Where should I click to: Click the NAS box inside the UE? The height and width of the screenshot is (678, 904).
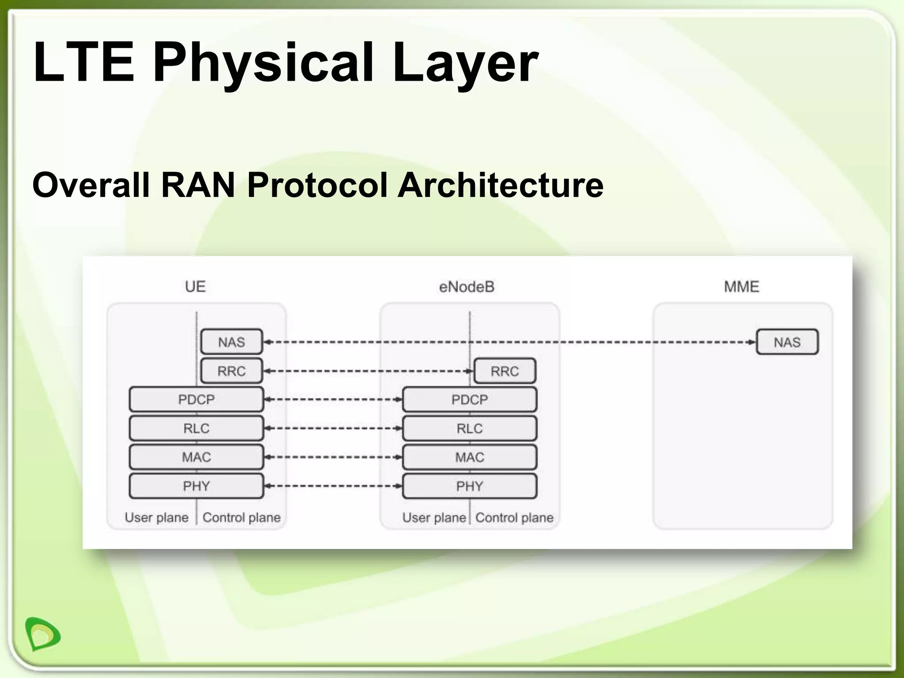(232, 342)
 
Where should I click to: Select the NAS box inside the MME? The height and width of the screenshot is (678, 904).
(787, 342)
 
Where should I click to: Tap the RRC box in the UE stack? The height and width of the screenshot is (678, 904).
(232, 371)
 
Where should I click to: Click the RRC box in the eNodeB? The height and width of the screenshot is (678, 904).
(505, 371)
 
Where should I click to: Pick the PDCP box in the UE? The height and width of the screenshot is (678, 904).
(196, 399)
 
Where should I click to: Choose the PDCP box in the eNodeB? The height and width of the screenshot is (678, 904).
(470, 399)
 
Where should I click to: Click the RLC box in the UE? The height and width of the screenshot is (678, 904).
(196, 428)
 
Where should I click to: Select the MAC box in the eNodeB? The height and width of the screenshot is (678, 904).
(470, 457)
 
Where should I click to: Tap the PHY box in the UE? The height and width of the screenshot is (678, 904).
(196, 486)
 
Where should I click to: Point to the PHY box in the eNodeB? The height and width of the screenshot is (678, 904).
(470, 486)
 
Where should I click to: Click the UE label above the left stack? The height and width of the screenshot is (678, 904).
(195, 286)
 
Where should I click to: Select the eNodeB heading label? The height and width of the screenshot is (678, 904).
(467, 287)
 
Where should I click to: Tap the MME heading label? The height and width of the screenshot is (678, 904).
(742, 286)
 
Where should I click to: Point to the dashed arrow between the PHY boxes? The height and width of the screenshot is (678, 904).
(333, 486)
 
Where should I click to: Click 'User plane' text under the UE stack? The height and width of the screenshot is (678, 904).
(157, 517)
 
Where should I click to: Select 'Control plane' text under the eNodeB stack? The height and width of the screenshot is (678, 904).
(514, 517)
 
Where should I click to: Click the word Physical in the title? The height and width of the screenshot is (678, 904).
(263, 63)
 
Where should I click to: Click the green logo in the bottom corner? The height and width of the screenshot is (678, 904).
(42, 634)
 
